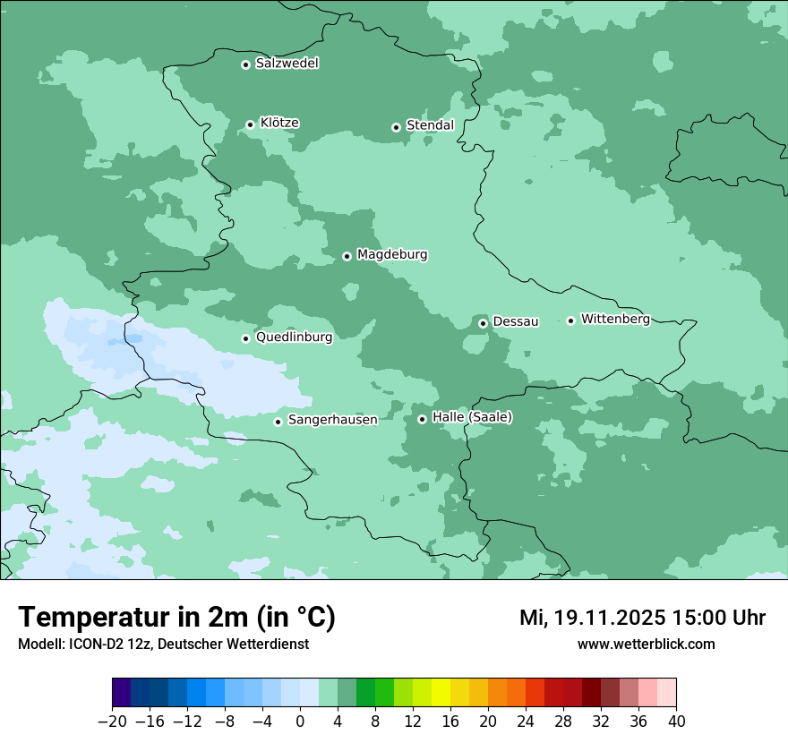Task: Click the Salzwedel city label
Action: pos(287,64)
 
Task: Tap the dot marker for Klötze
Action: pos(250,124)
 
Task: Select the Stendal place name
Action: pos(430,125)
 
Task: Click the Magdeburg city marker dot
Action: pos(347,256)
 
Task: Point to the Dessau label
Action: pos(516,321)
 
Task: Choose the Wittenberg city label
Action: pos(615,319)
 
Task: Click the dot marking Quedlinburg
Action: pos(245,338)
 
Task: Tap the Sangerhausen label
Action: pos(332,420)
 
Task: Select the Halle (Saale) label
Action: pos(472,417)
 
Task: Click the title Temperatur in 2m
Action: pos(176,618)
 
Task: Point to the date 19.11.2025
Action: pos(608,618)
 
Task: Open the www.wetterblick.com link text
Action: pos(646,644)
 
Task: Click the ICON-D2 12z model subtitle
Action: pos(163,644)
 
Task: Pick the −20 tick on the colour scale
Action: pos(112,722)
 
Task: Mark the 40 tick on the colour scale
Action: pos(676,722)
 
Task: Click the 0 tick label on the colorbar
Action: pos(300,722)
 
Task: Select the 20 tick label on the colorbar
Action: pos(488,722)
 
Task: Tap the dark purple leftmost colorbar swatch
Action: pos(122,693)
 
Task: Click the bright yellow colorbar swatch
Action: pos(441,693)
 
